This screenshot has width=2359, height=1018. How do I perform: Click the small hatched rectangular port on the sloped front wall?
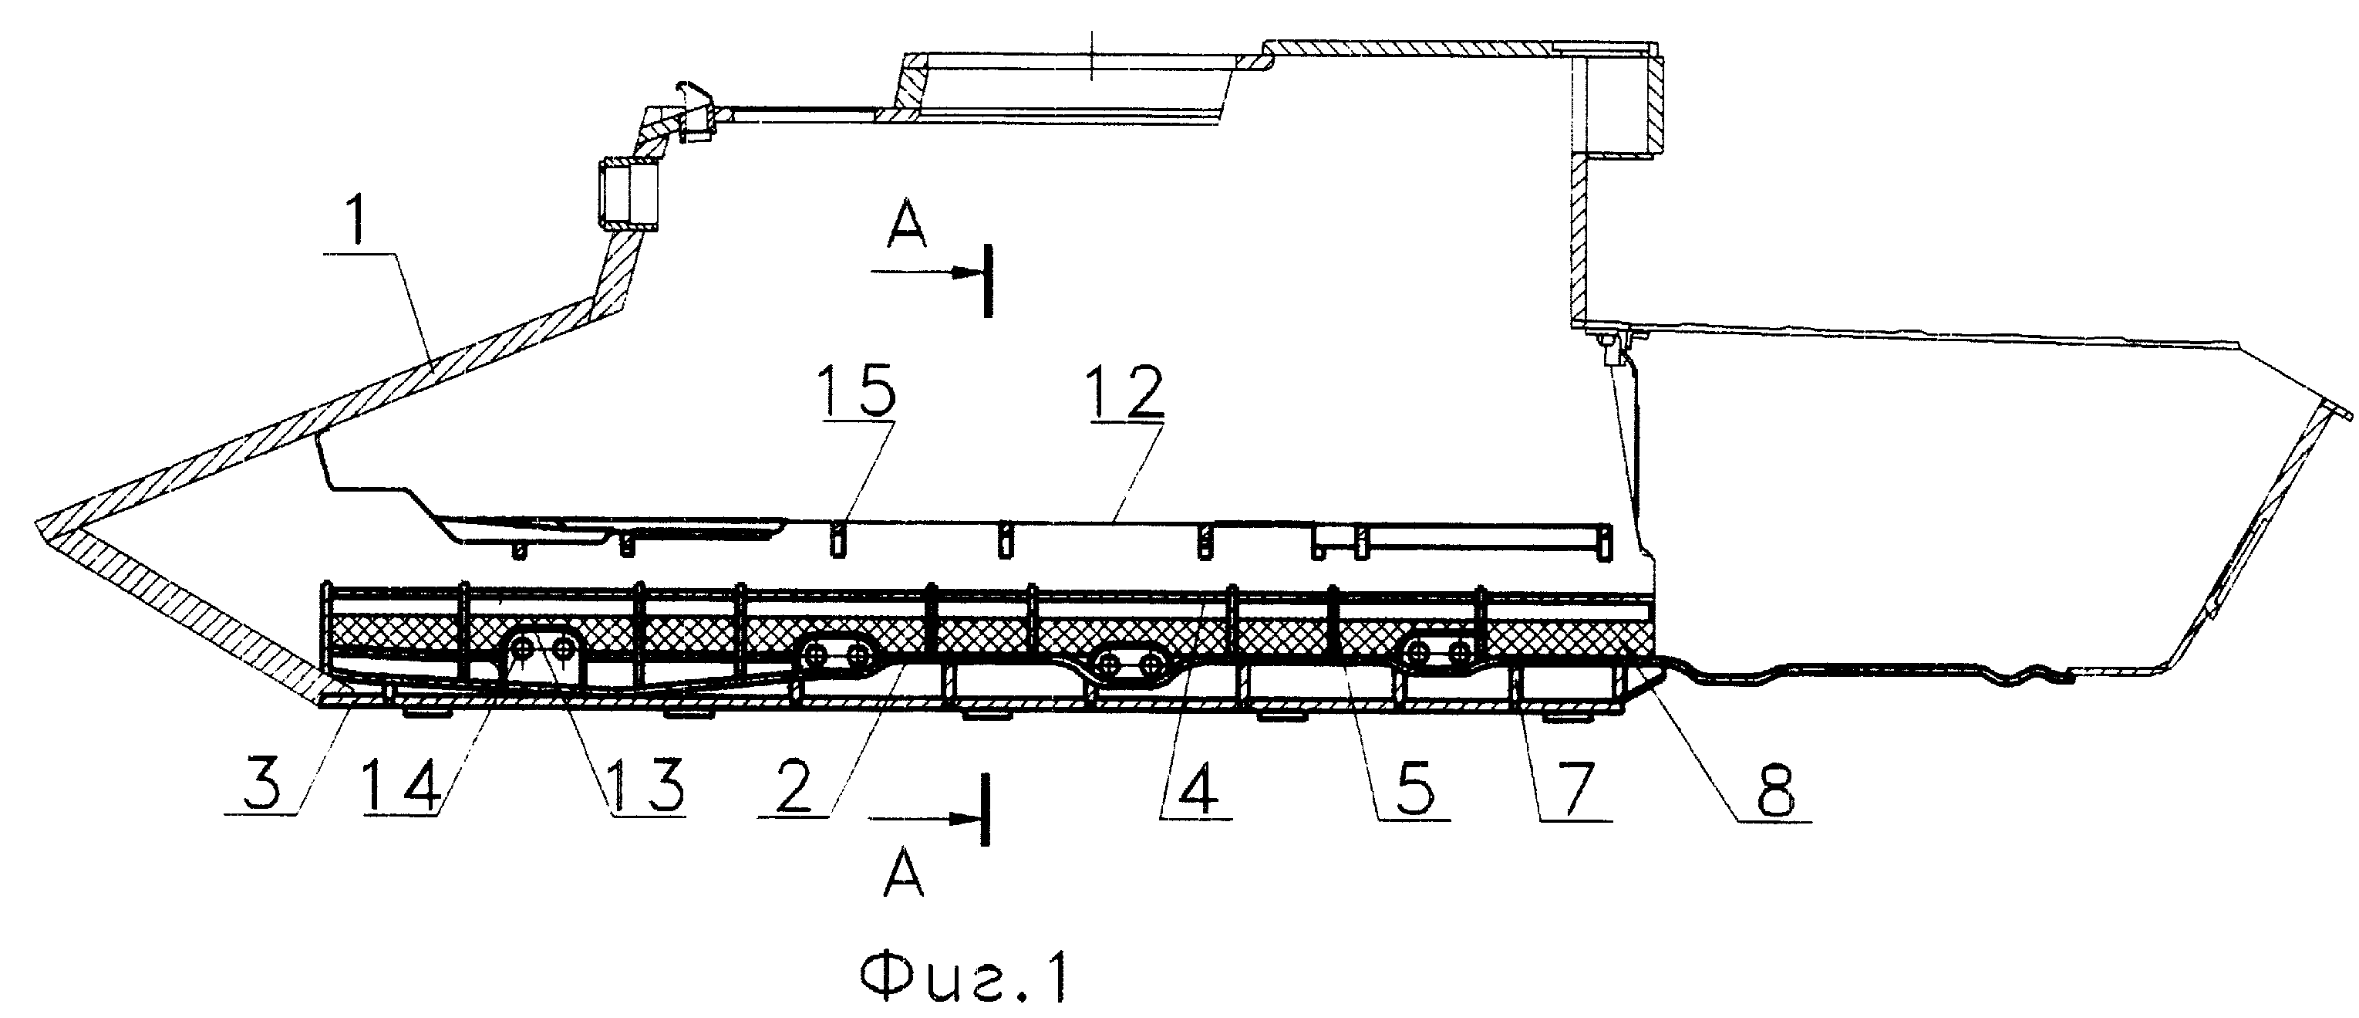[x=629, y=195]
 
